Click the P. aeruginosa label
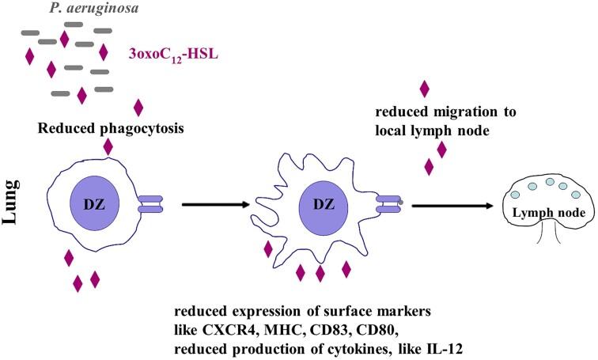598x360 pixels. tap(66, 9)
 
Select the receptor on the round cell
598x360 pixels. tap(149, 205)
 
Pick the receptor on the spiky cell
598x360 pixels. tap(387, 205)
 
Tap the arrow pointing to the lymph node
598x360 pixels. tap(454, 205)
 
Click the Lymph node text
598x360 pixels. tap(549, 213)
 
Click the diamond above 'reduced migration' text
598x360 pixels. tap(425, 89)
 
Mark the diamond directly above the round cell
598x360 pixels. tap(108, 146)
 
